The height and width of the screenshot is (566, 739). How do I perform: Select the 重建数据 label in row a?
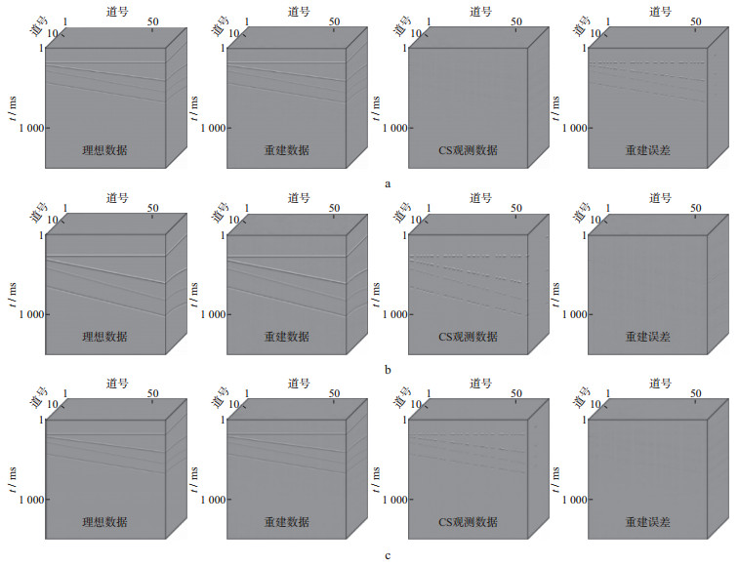tap(285, 150)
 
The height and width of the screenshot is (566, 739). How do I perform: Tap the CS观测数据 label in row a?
tap(468, 150)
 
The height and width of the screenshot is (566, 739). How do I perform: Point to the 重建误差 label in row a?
tap(648, 150)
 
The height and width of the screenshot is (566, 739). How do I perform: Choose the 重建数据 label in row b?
tap(285, 336)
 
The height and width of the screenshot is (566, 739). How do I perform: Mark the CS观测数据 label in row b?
tap(468, 336)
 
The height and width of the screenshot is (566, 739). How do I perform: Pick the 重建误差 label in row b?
tap(648, 336)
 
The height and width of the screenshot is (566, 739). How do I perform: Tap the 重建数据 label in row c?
tap(285, 521)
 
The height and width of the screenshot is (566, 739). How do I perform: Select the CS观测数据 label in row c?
tap(468, 521)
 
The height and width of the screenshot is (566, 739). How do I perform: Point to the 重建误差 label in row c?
tap(648, 521)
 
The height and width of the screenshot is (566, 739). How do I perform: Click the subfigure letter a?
tap(389, 182)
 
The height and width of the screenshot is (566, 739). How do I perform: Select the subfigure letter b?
tap(389, 369)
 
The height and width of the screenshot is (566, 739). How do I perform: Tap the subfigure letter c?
tap(389, 555)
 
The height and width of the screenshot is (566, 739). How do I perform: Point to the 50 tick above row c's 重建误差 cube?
tap(697, 392)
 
